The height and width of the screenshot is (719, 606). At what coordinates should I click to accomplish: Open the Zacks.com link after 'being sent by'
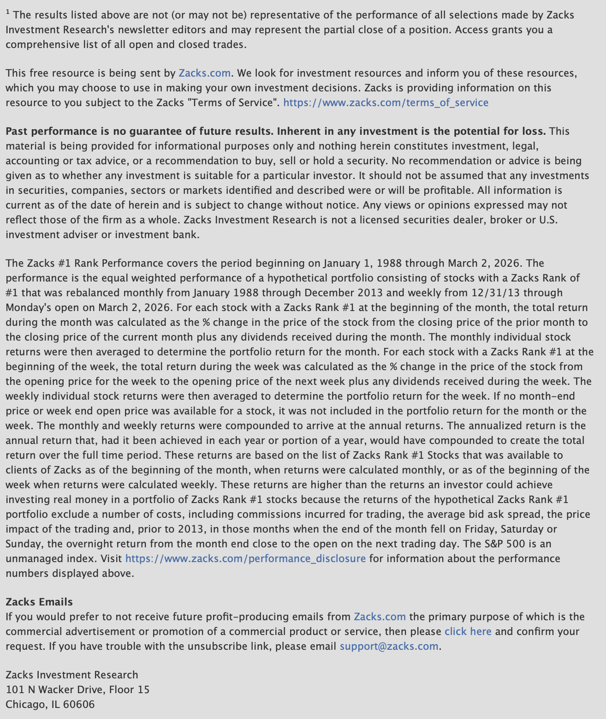pyautogui.click(x=204, y=73)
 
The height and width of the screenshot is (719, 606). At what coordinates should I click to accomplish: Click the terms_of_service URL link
pyautogui.click(x=386, y=102)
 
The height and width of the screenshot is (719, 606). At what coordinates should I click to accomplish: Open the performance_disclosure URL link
pyautogui.click(x=245, y=558)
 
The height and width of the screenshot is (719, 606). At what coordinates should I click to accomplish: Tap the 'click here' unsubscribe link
pyautogui.click(x=468, y=631)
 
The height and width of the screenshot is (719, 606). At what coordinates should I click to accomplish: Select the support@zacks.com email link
pyautogui.click(x=389, y=646)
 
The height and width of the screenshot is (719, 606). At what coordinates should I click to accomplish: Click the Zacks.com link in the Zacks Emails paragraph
pyautogui.click(x=380, y=617)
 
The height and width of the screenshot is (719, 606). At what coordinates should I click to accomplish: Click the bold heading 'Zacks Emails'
pyautogui.click(x=39, y=602)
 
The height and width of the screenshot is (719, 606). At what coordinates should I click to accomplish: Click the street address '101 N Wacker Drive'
pyautogui.click(x=56, y=689)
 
